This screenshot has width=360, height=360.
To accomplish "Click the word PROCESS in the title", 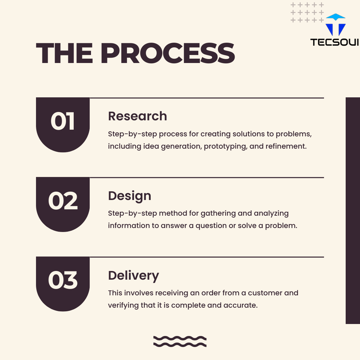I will click(168, 53).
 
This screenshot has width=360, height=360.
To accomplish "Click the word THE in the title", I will click(65, 53).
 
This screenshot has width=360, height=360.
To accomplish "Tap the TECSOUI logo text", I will click(334, 42).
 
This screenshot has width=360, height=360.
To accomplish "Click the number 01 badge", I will click(63, 122).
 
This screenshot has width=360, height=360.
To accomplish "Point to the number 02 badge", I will click(63, 201).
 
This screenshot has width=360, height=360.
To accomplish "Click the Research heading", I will click(137, 116).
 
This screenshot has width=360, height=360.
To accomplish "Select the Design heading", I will click(129, 196).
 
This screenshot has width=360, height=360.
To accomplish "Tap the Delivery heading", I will click(133, 275).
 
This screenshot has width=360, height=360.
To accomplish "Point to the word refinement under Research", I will click(286, 146).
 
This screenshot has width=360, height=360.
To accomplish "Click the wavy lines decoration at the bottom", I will click(180, 341).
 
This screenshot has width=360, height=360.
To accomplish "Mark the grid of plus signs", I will click(307, 13).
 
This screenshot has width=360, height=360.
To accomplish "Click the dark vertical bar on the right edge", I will click(353, 210).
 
